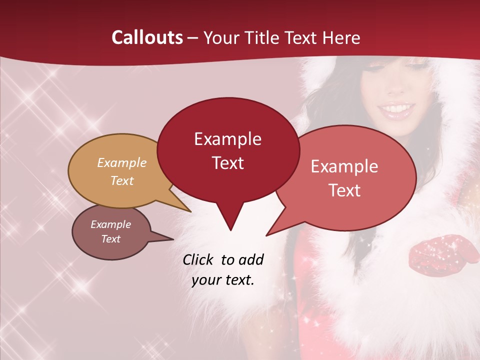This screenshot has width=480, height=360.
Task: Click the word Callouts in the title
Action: coord(147,37)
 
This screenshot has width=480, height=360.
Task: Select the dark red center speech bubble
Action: coord(228,150)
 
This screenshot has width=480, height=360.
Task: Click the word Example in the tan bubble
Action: coord(121,163)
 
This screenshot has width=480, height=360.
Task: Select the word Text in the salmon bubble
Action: coord(344,190)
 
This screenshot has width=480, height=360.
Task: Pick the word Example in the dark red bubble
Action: coord(227,139)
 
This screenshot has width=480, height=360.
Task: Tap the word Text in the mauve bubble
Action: coord(111,239)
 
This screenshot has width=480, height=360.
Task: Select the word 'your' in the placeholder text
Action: coord(205,280)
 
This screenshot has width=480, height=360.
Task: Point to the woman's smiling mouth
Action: coord(398,108)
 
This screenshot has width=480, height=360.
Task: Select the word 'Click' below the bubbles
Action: coord(198,260)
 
